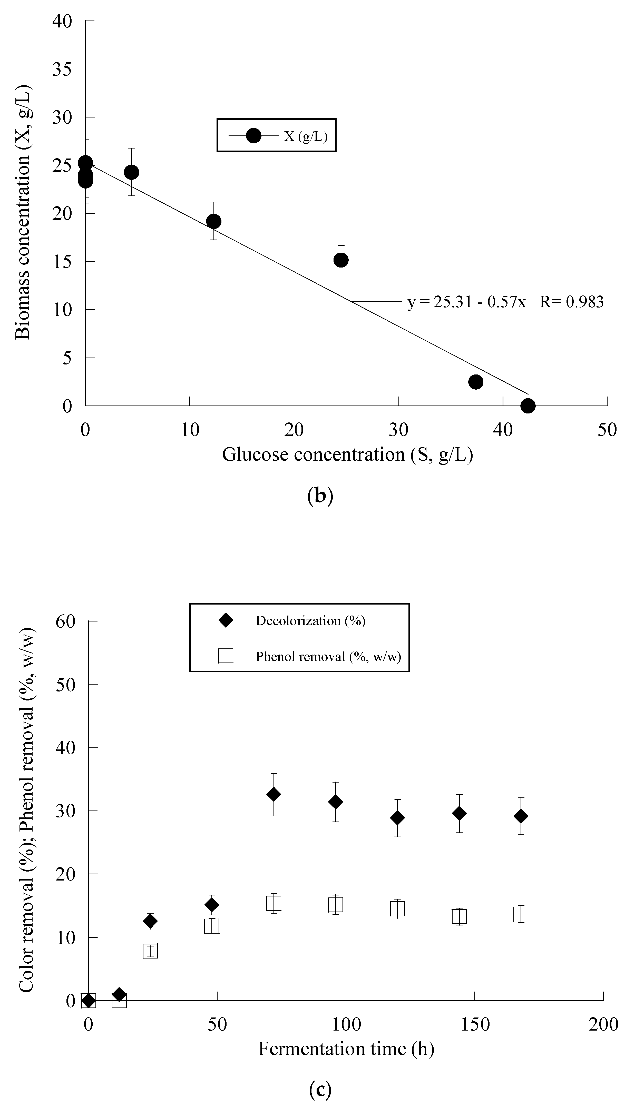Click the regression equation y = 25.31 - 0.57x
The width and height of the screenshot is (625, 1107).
(x=467, y=302)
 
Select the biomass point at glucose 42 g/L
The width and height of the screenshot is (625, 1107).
(x=528, y=405)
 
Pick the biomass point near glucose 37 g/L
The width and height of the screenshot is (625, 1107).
(x=475, y=382)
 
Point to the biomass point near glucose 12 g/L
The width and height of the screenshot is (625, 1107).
(x=214, y=221)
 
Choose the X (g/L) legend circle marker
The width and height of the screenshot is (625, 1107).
(x=253, y=136)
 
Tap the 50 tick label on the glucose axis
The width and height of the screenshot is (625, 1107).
(x=607, y=429)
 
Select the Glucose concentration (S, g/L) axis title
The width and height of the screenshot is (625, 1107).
(x=347, y=454)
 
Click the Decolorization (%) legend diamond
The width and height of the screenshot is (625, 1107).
(x=226, y=620)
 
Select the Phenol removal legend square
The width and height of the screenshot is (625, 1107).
(x=226, y=656)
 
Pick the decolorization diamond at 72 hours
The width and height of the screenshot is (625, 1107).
(x=274, y=794)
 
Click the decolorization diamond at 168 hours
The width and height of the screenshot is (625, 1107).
(x=521, y=816)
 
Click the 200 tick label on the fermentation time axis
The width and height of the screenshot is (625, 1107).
(x=603, y=1024)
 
